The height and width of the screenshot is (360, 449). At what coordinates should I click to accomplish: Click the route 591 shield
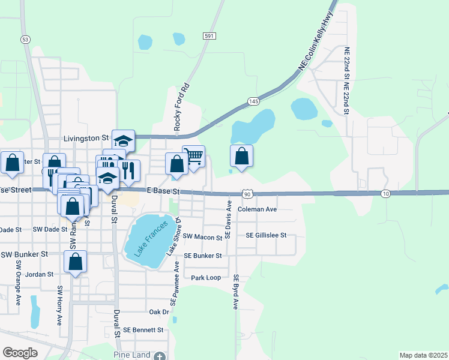208,36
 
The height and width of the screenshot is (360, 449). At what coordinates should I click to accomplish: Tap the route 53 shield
25,39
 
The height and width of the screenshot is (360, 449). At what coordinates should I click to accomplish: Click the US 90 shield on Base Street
247,193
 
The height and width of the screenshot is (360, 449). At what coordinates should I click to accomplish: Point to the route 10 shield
385,193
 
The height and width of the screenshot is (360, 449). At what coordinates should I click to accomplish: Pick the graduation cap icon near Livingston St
123,141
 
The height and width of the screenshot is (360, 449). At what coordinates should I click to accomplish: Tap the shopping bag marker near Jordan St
75,262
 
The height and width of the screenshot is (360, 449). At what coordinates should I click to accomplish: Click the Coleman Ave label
257,209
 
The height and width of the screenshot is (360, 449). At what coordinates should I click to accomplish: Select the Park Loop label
206,278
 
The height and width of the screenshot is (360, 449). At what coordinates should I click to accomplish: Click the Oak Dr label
159,312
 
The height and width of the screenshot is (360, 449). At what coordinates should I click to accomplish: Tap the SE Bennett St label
143,330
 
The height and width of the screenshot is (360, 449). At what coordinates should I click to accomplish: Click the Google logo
20,353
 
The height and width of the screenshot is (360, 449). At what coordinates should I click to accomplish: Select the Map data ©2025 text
423,355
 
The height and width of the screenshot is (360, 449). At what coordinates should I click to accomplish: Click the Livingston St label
86,138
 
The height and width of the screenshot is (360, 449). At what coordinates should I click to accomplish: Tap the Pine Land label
131,355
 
